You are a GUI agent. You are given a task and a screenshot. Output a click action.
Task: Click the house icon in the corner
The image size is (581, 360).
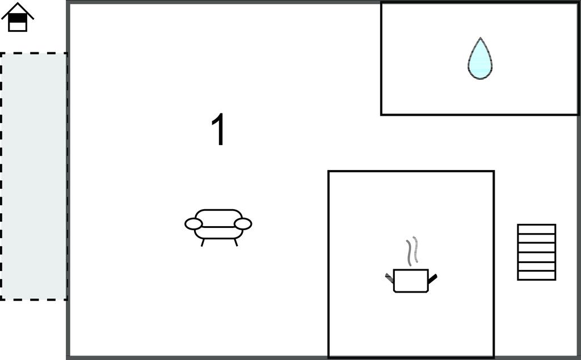(x=18, y=17)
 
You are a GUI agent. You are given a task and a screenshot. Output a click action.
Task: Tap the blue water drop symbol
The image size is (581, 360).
(x=480, y=60)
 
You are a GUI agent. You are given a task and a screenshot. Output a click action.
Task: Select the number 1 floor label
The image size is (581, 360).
(x=218, y=129)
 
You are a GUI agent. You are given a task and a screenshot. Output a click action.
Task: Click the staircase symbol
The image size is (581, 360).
(x=537, y=252)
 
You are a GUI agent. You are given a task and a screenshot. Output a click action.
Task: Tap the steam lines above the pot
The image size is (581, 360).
(x=412, y=251)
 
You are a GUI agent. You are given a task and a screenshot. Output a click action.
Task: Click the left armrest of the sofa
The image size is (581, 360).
(x=193, y=224)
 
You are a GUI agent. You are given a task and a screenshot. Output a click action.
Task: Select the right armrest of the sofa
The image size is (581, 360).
(x=243, y=224)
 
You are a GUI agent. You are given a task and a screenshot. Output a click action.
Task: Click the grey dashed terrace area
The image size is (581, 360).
(x=33, y=176)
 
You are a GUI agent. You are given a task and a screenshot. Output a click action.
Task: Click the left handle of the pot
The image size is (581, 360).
(x=389, y=277)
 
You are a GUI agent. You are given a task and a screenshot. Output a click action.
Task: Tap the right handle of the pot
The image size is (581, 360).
(x=433, y=278)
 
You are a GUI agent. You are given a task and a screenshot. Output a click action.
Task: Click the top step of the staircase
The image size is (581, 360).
(x=537, y=229)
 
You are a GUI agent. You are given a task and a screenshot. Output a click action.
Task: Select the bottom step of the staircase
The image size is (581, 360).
(x=537, y=276)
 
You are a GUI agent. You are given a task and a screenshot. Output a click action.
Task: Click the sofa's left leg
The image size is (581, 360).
(x=203, y=243)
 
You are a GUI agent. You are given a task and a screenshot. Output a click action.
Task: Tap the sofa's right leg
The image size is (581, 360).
(x=235, y=243)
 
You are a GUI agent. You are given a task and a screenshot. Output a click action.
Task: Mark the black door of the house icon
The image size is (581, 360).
(x=18, y=18)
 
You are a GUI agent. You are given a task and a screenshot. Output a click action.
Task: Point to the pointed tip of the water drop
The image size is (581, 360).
(x=480, y=38)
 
